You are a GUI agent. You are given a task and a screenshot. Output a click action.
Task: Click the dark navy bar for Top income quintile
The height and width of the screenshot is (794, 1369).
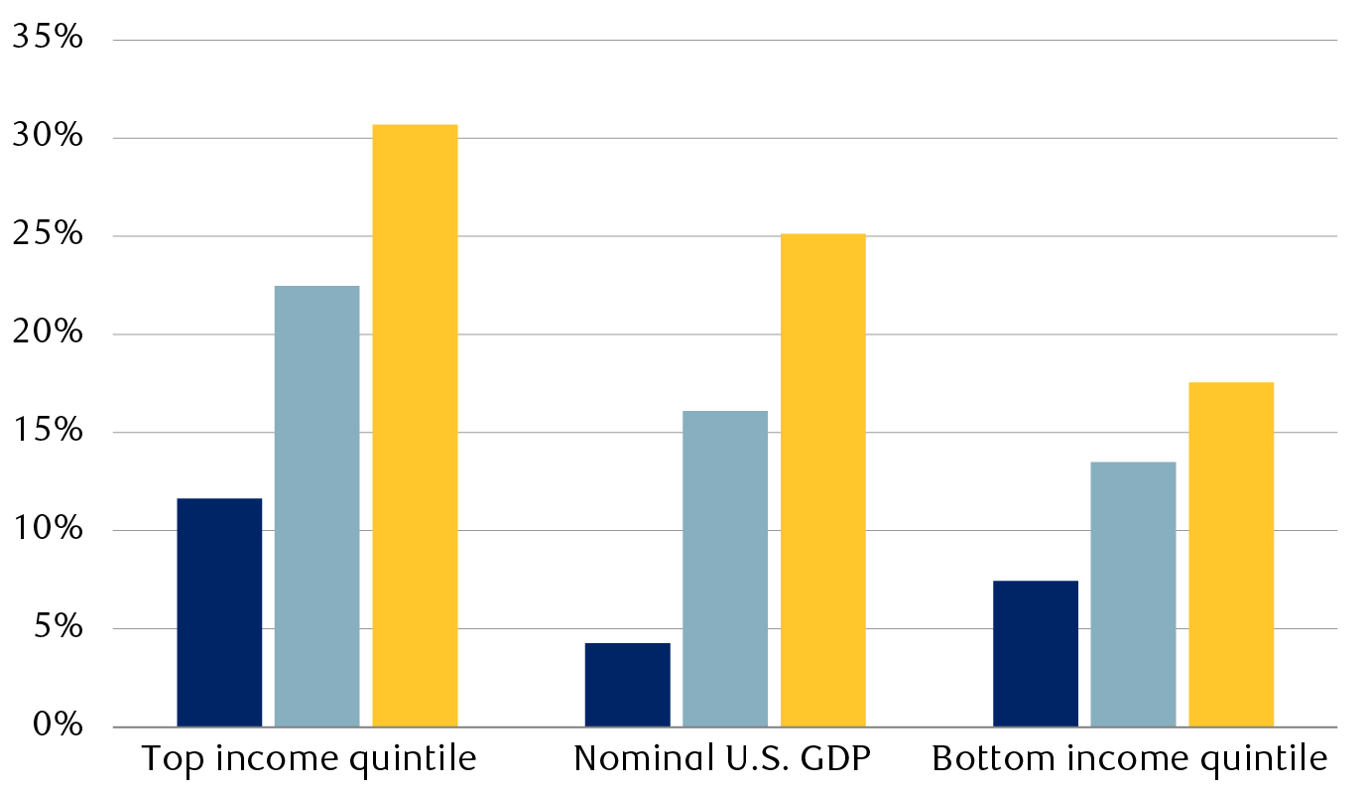pyautogui.click(x=219, y=612)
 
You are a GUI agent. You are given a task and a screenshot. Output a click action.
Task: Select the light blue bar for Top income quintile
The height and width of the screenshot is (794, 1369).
pyautogui.click(x=316, y=506)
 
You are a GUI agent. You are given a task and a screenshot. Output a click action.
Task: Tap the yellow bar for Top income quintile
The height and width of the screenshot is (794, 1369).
pyautogui.click(x=415, y=426)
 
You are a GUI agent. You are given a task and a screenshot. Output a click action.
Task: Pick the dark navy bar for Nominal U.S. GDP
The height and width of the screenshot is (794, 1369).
pyautogui.click(x=627, y=685)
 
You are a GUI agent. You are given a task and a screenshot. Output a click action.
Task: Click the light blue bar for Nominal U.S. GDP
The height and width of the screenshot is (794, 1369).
pyautogui.click(x=725, y=569)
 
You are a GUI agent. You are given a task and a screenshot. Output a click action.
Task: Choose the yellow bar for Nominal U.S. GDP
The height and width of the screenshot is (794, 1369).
pyautogui.click(x=822, y=480)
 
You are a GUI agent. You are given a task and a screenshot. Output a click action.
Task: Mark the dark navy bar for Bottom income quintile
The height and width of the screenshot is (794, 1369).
pyautogui.click(x=1036, y=654)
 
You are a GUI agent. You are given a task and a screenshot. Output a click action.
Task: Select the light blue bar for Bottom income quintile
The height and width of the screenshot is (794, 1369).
pyautogui.click(x=1133, y=595)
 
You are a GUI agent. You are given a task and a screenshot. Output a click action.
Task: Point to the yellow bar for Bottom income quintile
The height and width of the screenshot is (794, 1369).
pyautogui.click(x=1231, y=555)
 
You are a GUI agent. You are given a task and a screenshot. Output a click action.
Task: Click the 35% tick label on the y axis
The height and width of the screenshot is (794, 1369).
pyautogui.click(x=47, y=40)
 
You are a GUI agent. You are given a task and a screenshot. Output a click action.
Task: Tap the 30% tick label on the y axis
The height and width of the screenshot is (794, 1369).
pyautogui.click(x=47, y=138)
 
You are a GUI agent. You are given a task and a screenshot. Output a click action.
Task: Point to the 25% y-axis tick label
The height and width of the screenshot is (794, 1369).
pyautogui.click(x=47, y=236)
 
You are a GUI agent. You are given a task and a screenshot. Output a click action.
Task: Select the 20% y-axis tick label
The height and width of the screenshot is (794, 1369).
pyautogui.click(x=47, y=334)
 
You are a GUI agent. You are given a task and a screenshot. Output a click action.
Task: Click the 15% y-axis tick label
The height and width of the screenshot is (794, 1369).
pyautogui.click(x=47, y=432)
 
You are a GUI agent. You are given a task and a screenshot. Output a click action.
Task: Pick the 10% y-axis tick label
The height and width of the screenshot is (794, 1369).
pyautogui.click(x=47, y=530)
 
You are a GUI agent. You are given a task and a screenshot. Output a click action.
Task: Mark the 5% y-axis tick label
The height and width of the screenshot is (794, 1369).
pyautogui.click(x=55, y=628)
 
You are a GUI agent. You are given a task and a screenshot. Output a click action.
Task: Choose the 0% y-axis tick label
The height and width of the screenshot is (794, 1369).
pyautogui.click(x=55, y=727)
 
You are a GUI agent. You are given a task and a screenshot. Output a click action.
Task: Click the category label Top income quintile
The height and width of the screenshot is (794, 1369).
pyautogui.click(x=309, y=759)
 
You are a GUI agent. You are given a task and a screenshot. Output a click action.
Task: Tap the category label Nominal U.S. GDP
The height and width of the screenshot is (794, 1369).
pyautogui.click(x=722, y=759)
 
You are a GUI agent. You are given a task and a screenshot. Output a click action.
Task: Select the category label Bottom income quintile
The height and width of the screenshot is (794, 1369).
pyautogui.click(x=1129, y=759)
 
